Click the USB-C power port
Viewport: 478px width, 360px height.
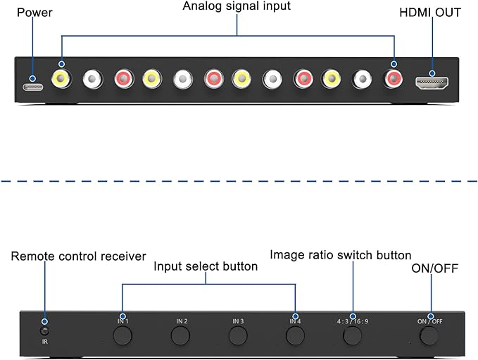coord(33,87)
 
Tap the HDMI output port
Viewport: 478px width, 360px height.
coord(432,82)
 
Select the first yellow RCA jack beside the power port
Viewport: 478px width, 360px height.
coord(61,79)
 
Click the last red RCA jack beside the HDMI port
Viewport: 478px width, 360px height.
coord(393,79)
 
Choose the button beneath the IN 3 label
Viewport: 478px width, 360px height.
coord(238,335)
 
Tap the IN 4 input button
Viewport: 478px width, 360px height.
coord(296,335)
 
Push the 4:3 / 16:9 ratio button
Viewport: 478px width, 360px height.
coord(353,335)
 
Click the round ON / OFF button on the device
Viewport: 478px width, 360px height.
coord(429,335)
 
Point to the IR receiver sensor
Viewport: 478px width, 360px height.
coord(44,331)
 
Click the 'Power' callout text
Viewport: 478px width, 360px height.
coord(34,13)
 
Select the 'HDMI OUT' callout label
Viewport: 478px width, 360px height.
coord(430,13)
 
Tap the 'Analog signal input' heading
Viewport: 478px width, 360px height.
coord(237,6)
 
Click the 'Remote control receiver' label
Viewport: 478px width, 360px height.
coord(78,256)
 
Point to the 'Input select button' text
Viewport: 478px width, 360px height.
coord(206,266)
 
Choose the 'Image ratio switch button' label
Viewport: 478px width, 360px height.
coord(341,255)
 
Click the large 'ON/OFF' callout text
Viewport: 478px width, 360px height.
coord(435,268)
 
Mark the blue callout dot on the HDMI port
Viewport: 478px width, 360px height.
coord(432,73)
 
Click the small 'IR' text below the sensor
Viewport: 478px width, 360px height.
coord(45,342)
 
